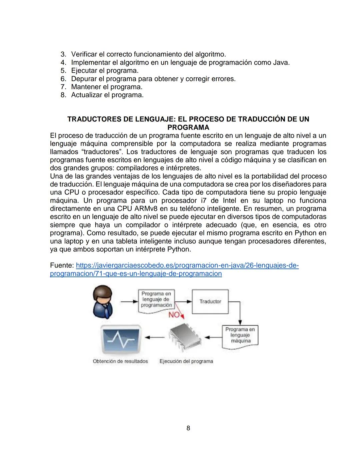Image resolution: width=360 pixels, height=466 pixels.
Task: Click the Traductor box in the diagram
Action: [x=210, y=302]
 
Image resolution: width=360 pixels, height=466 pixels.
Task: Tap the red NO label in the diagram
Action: [x=174, y=315]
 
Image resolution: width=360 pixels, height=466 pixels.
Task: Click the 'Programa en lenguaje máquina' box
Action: [x=240, y=335]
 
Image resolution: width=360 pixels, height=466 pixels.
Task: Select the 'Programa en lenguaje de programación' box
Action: [x=156, y=300]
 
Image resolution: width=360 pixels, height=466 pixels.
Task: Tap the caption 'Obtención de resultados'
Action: [x=120, y=361]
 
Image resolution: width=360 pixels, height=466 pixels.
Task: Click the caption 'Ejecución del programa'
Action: [x=186, y=361]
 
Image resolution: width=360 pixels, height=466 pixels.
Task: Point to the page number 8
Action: [x=188, y=428]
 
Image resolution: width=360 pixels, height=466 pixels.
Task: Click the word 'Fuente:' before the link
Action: [x=62, y=266]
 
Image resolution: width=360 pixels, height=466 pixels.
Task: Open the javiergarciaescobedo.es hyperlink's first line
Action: [x=187, y=266]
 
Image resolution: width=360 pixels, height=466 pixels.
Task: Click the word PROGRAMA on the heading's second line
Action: [x=188, y=127]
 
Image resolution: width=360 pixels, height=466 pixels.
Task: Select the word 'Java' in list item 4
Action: [x=280, y=62]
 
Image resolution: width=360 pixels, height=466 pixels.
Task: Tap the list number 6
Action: [x=63, y=79]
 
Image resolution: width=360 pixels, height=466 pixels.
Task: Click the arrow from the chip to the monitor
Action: [x=156, y=337]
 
